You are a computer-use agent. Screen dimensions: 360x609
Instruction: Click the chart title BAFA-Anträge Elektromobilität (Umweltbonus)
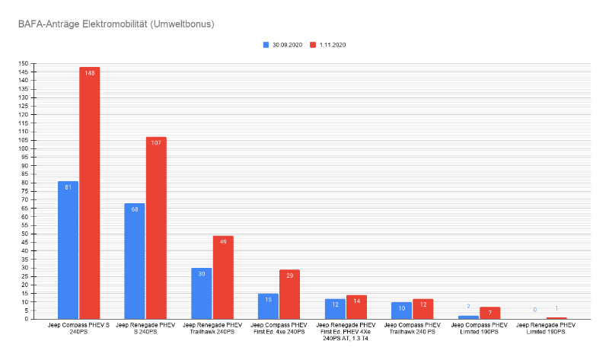[116, 24]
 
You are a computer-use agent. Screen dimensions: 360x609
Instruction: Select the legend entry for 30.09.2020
[282, 45]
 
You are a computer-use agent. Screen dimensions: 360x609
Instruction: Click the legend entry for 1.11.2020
[327, 45]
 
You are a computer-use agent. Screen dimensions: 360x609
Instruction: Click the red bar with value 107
[156, 228]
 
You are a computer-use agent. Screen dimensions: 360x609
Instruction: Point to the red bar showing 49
[223, 277]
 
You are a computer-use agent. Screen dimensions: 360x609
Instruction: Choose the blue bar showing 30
[202, 293]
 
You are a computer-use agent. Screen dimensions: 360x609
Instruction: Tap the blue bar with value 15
[268, 306]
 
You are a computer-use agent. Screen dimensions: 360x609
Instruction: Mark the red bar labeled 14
[356, 307]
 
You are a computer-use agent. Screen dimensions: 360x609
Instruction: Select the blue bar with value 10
[402, 311]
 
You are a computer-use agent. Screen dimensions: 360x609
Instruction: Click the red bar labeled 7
[489, 313]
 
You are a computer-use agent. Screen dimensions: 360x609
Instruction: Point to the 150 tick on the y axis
[24, 63]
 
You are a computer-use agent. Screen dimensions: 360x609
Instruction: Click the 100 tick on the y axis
[24, 148]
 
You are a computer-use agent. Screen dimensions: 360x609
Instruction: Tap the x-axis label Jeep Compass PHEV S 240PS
[78, 328]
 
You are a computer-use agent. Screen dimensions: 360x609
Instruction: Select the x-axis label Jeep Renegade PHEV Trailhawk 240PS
[212, 328]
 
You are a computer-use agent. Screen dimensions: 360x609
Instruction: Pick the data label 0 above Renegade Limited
[535, 310]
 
